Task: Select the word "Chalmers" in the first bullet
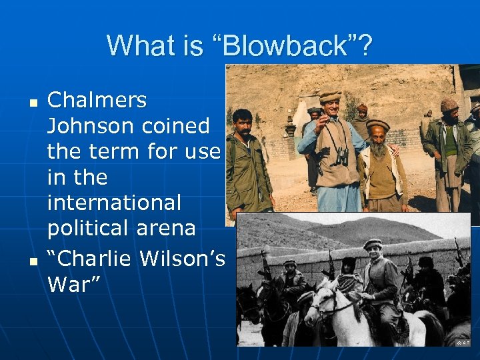point(97,101)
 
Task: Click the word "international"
point(114,202)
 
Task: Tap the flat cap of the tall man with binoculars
point(329,96)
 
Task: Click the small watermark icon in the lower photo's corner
point(461,342)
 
